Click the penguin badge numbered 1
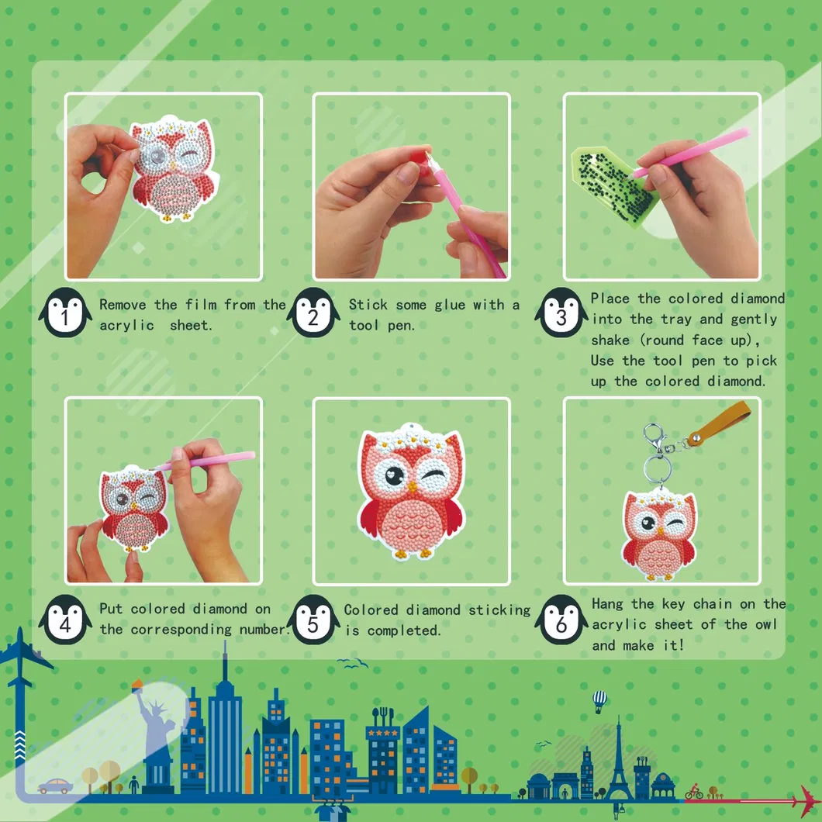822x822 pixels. coord(65,313)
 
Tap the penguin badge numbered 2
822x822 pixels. coord(313,313)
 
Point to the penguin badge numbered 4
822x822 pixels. coord(65,620)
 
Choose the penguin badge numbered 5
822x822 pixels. coord(313,620)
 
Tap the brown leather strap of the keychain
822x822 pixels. coord(721,423)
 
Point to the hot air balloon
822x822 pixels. coord(599,700)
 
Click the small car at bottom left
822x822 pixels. coord(55,786)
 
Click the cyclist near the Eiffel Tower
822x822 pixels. coord(693,792)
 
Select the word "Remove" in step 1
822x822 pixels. coord(122,305)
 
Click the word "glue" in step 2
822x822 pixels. coord(450,305)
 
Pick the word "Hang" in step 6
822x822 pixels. coord(608,604)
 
